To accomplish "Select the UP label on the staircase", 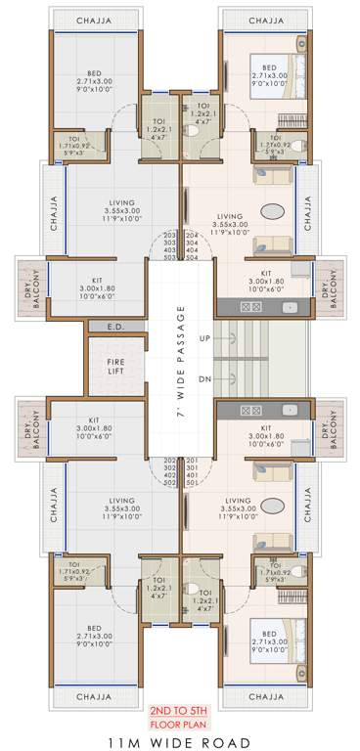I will click(204, 338).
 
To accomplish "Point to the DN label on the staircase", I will click(204, 378).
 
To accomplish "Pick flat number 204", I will click(192, 236).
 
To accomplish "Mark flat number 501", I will click(192, 482).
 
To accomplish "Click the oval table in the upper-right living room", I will click(275, 211).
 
